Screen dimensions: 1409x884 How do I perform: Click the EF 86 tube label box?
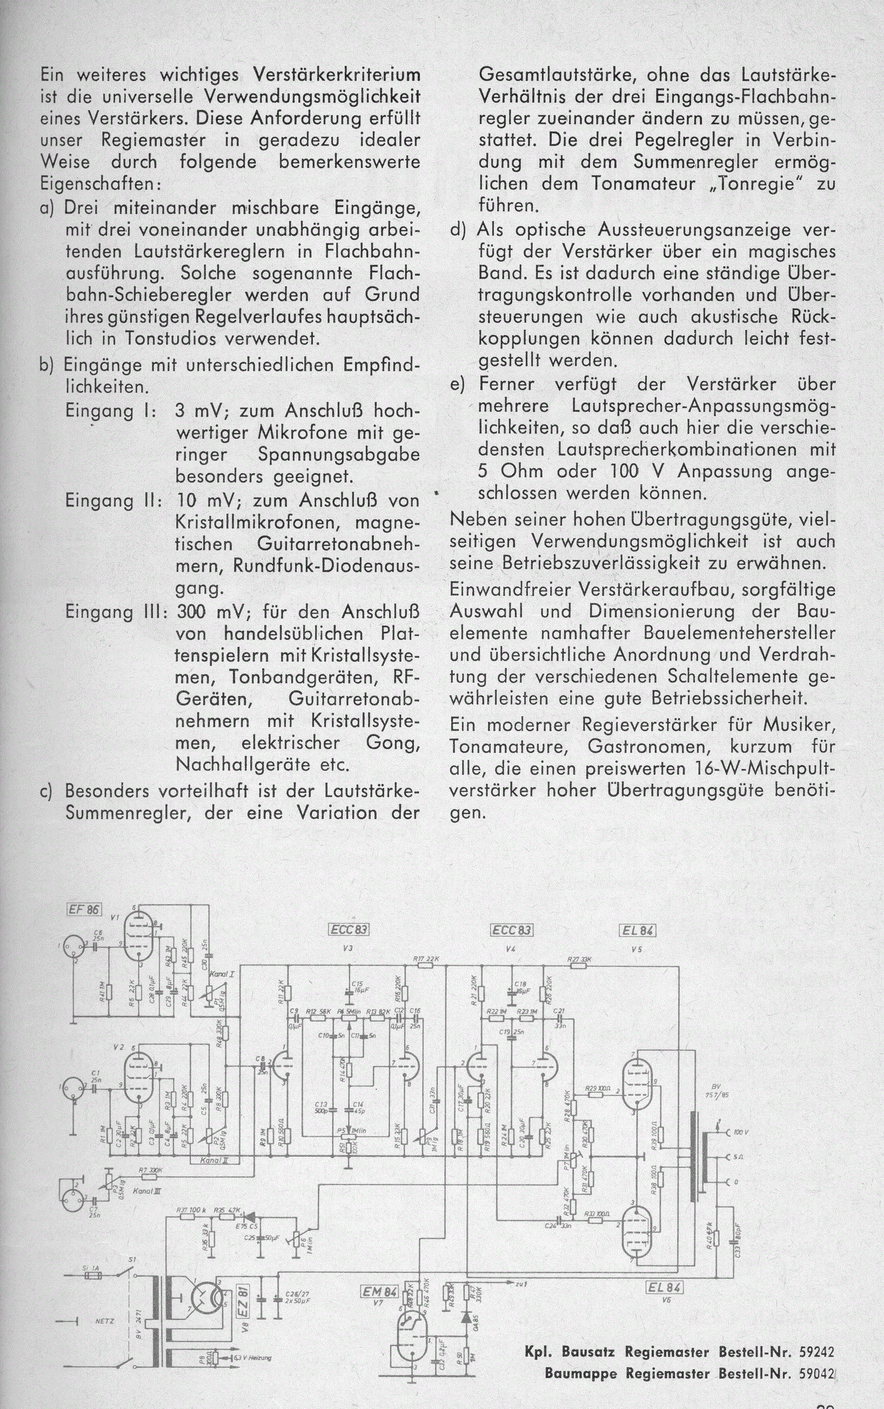click(x=85, y=910)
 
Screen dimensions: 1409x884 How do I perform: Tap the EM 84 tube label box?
click(x=370, y=1286)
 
